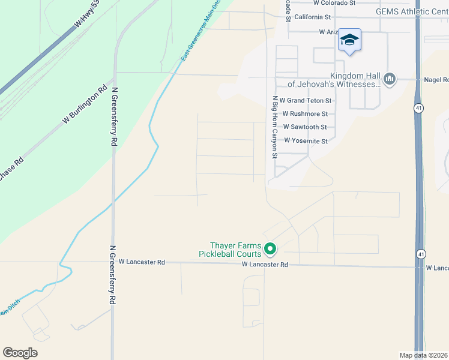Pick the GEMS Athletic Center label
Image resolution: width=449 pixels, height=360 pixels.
(x=412, y=11)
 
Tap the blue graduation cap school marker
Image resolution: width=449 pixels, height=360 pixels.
(x=349, y=41)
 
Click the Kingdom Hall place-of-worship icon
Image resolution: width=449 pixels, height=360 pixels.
(x=389, y=79)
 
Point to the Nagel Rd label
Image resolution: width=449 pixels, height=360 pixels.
(x=436, y=79)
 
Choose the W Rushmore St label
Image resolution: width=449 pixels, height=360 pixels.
(x=305, y=113)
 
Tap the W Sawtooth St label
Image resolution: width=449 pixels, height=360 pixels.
(x=304, y=127)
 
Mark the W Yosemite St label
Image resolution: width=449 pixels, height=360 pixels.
(x=306, y=141)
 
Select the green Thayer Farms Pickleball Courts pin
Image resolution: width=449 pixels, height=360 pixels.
(x=270, y=248)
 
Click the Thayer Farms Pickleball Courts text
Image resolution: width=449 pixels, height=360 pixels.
(x=235, y=250)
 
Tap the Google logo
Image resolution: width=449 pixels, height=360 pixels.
(x=20, y=353)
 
